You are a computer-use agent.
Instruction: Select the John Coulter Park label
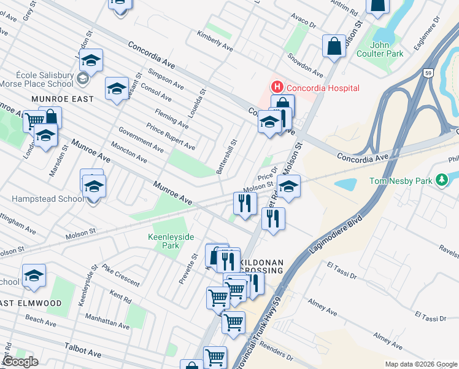387,49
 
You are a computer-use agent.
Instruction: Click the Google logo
20,362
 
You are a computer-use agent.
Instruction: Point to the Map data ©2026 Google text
420,364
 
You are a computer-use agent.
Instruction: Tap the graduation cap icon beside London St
91,61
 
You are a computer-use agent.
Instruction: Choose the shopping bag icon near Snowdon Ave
334,46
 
